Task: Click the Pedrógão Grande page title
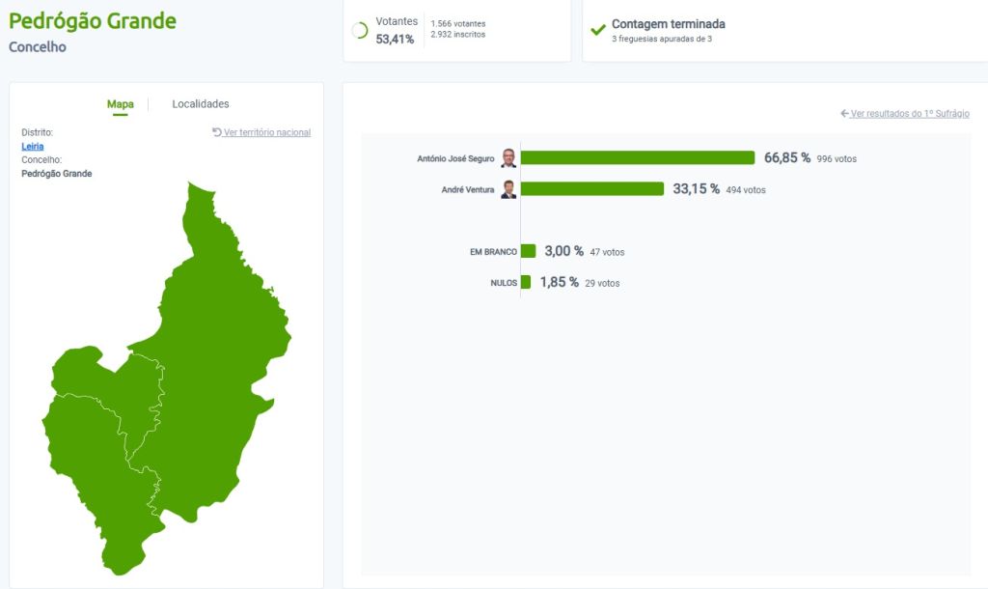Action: (x=93, y=20)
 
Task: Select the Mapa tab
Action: (x=121, y=104)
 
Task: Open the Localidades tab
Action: (x=201, y=104)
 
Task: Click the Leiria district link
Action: (x=33, y=146)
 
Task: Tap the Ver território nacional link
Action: (x=262, y=132)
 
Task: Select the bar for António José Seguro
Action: (x=637, y=157)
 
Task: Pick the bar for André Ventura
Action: (x=591, y=189)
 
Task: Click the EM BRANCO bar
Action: (x=528, y=251)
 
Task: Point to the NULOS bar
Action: (x=526, y=282)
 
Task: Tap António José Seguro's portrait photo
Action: (x=508, y=158)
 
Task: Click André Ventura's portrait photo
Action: (x=508, y=189)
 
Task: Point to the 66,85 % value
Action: (x=787, y=157)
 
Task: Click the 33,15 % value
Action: (x=697, y=189)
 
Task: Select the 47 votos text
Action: (x=607, y=252)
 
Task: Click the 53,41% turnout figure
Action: (x=396, y=40)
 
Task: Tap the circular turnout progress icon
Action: (x=360, y=31)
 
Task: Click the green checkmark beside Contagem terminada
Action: (x=598, y=30)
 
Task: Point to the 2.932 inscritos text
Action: (x=458, y=35)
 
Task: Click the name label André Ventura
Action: (x=468, y=190)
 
